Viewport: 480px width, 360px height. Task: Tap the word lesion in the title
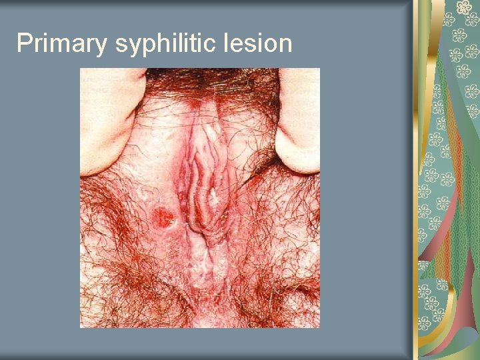[x=261, y=43]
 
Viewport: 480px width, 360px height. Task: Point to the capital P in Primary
[x=23, y=43]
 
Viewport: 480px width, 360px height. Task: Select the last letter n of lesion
[x=285, y=45]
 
